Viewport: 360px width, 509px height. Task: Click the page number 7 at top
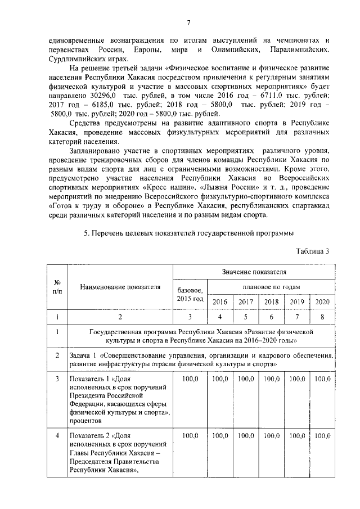pyautogui.click(x=189, y=22)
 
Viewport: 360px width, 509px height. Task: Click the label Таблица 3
pyautogui.click(x=312, y=251)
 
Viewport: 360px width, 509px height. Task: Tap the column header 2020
pyautogui.click(x=322, y=302)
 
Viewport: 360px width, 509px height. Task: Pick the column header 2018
pyautogui.click(x=272, y=302)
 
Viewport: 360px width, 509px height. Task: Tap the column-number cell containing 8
pyautogui.click(x=322, y=317)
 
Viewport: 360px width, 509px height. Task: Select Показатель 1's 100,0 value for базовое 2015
pyautogui.click(x=191, y=379)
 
